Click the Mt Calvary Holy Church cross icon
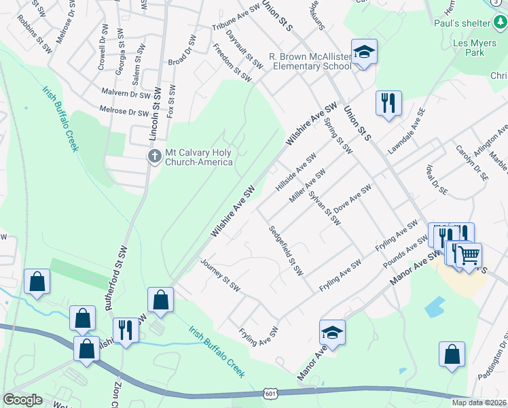pos(155,157)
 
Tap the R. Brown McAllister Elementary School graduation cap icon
pos(364,52)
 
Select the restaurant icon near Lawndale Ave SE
pos(388,103)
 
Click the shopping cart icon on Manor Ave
pos(468,256)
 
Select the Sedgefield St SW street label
pos(285,250)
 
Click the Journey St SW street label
pos(221,275)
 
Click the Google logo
pos(22,400)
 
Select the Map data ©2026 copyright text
pos(478,403)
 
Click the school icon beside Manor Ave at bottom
pos(333,333)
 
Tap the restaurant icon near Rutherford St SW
pos(125,330)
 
